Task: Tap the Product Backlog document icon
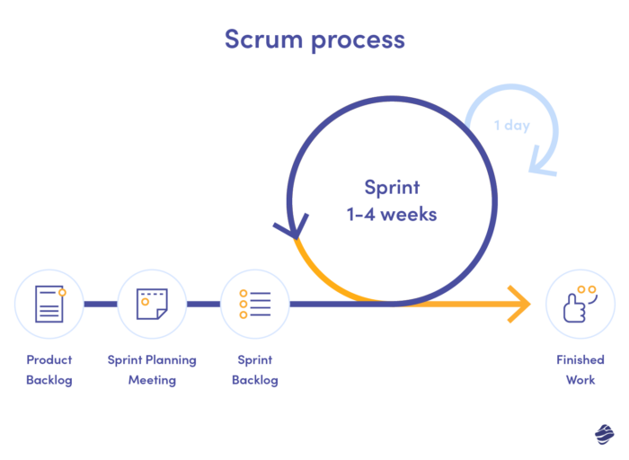49,304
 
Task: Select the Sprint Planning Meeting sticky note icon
152,304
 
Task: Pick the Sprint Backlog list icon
255,304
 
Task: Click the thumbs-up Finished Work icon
580,304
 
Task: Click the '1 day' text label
511,125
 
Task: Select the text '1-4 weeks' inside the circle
392,216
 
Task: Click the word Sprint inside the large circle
392,188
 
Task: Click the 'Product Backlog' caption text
49,369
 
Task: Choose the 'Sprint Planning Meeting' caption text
152,369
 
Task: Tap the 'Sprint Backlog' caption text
255,369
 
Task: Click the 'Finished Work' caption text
580,369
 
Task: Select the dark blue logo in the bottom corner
604,434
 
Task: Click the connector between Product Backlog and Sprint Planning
101,304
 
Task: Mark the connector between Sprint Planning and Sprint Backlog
203,304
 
